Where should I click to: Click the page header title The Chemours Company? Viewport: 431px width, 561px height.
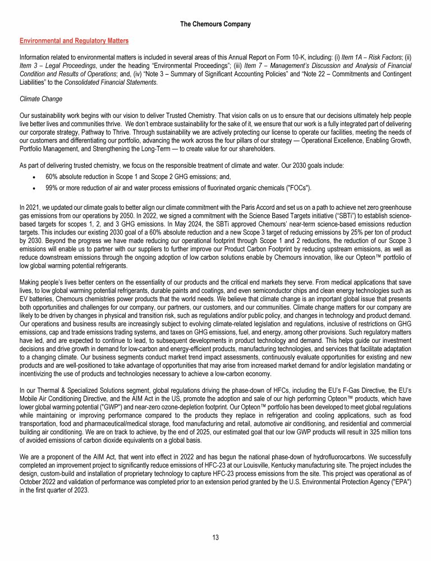click(x=215, y=24)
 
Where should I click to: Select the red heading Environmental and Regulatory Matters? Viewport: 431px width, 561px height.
click(x=74, y=41)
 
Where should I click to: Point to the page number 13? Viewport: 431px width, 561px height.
click(x=215, y=537)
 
